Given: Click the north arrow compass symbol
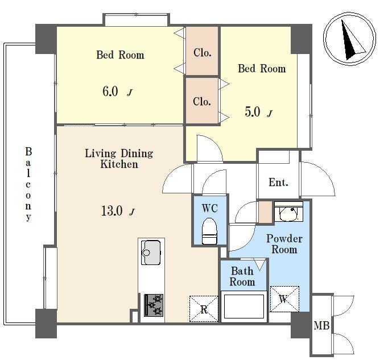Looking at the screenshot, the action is tap(349, 39).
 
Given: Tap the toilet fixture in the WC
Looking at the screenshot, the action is tap(209, 231).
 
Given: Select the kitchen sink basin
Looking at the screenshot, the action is tap(151, 252).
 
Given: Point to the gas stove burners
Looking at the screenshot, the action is tap(154, 305).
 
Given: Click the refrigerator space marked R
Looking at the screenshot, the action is tap(204, 309).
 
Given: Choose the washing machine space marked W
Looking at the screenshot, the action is tap(284, 299).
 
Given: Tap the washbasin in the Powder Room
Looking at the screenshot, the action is tap(288, 212).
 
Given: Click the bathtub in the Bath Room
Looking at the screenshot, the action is tap(244, 307).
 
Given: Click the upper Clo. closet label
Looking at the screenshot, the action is tap(202, 52).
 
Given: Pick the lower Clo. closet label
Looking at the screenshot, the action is tap(202, 101).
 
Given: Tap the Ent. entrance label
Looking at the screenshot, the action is tap(278, 183).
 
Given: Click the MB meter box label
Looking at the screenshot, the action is tap(321, 325).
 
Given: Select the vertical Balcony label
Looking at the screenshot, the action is tap(28, 184).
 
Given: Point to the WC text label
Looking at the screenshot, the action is tap(209, 208).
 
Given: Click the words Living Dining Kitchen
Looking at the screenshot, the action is tap(119, 159).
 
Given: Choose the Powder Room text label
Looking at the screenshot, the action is tap(284, 244).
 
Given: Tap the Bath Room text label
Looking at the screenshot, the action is tap(242, 276).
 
